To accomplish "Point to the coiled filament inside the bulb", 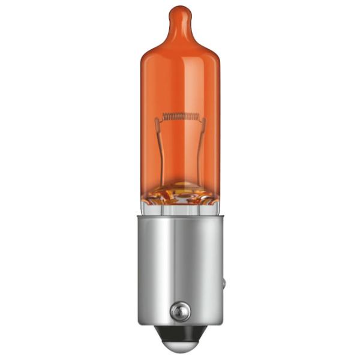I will (180, 116).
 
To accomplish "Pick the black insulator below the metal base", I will (180, 331).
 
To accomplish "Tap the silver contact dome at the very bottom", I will (180, 347).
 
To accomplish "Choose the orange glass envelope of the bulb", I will (180, 78).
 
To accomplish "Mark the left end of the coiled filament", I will (163, 116).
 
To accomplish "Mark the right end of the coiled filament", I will (197, 116).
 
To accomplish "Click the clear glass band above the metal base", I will (180, 206).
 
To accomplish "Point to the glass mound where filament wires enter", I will (180, 191).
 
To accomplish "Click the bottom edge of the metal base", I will (180, 322).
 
